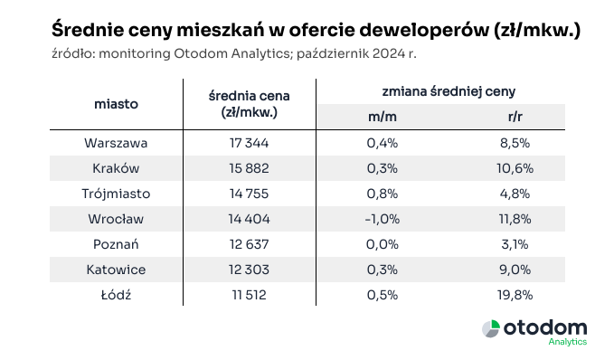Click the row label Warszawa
[x=116, y=143]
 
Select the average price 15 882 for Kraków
[x=248, y=168]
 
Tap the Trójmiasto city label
[x=116, y=194]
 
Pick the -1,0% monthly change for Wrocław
[x=383, y=219]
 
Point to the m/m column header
[x=383, y=117]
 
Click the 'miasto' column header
[x=116, y=104]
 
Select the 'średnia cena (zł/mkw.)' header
[x=248, y=104]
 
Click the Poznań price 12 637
[x=248, y=244]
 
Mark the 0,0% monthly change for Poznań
[x=383, y=244]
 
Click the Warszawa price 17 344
[x=248, y=143]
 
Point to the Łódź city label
[x=116, y=294]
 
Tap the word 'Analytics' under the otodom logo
[x=568, y=343]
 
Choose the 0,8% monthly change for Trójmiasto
[x=383, y=194]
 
